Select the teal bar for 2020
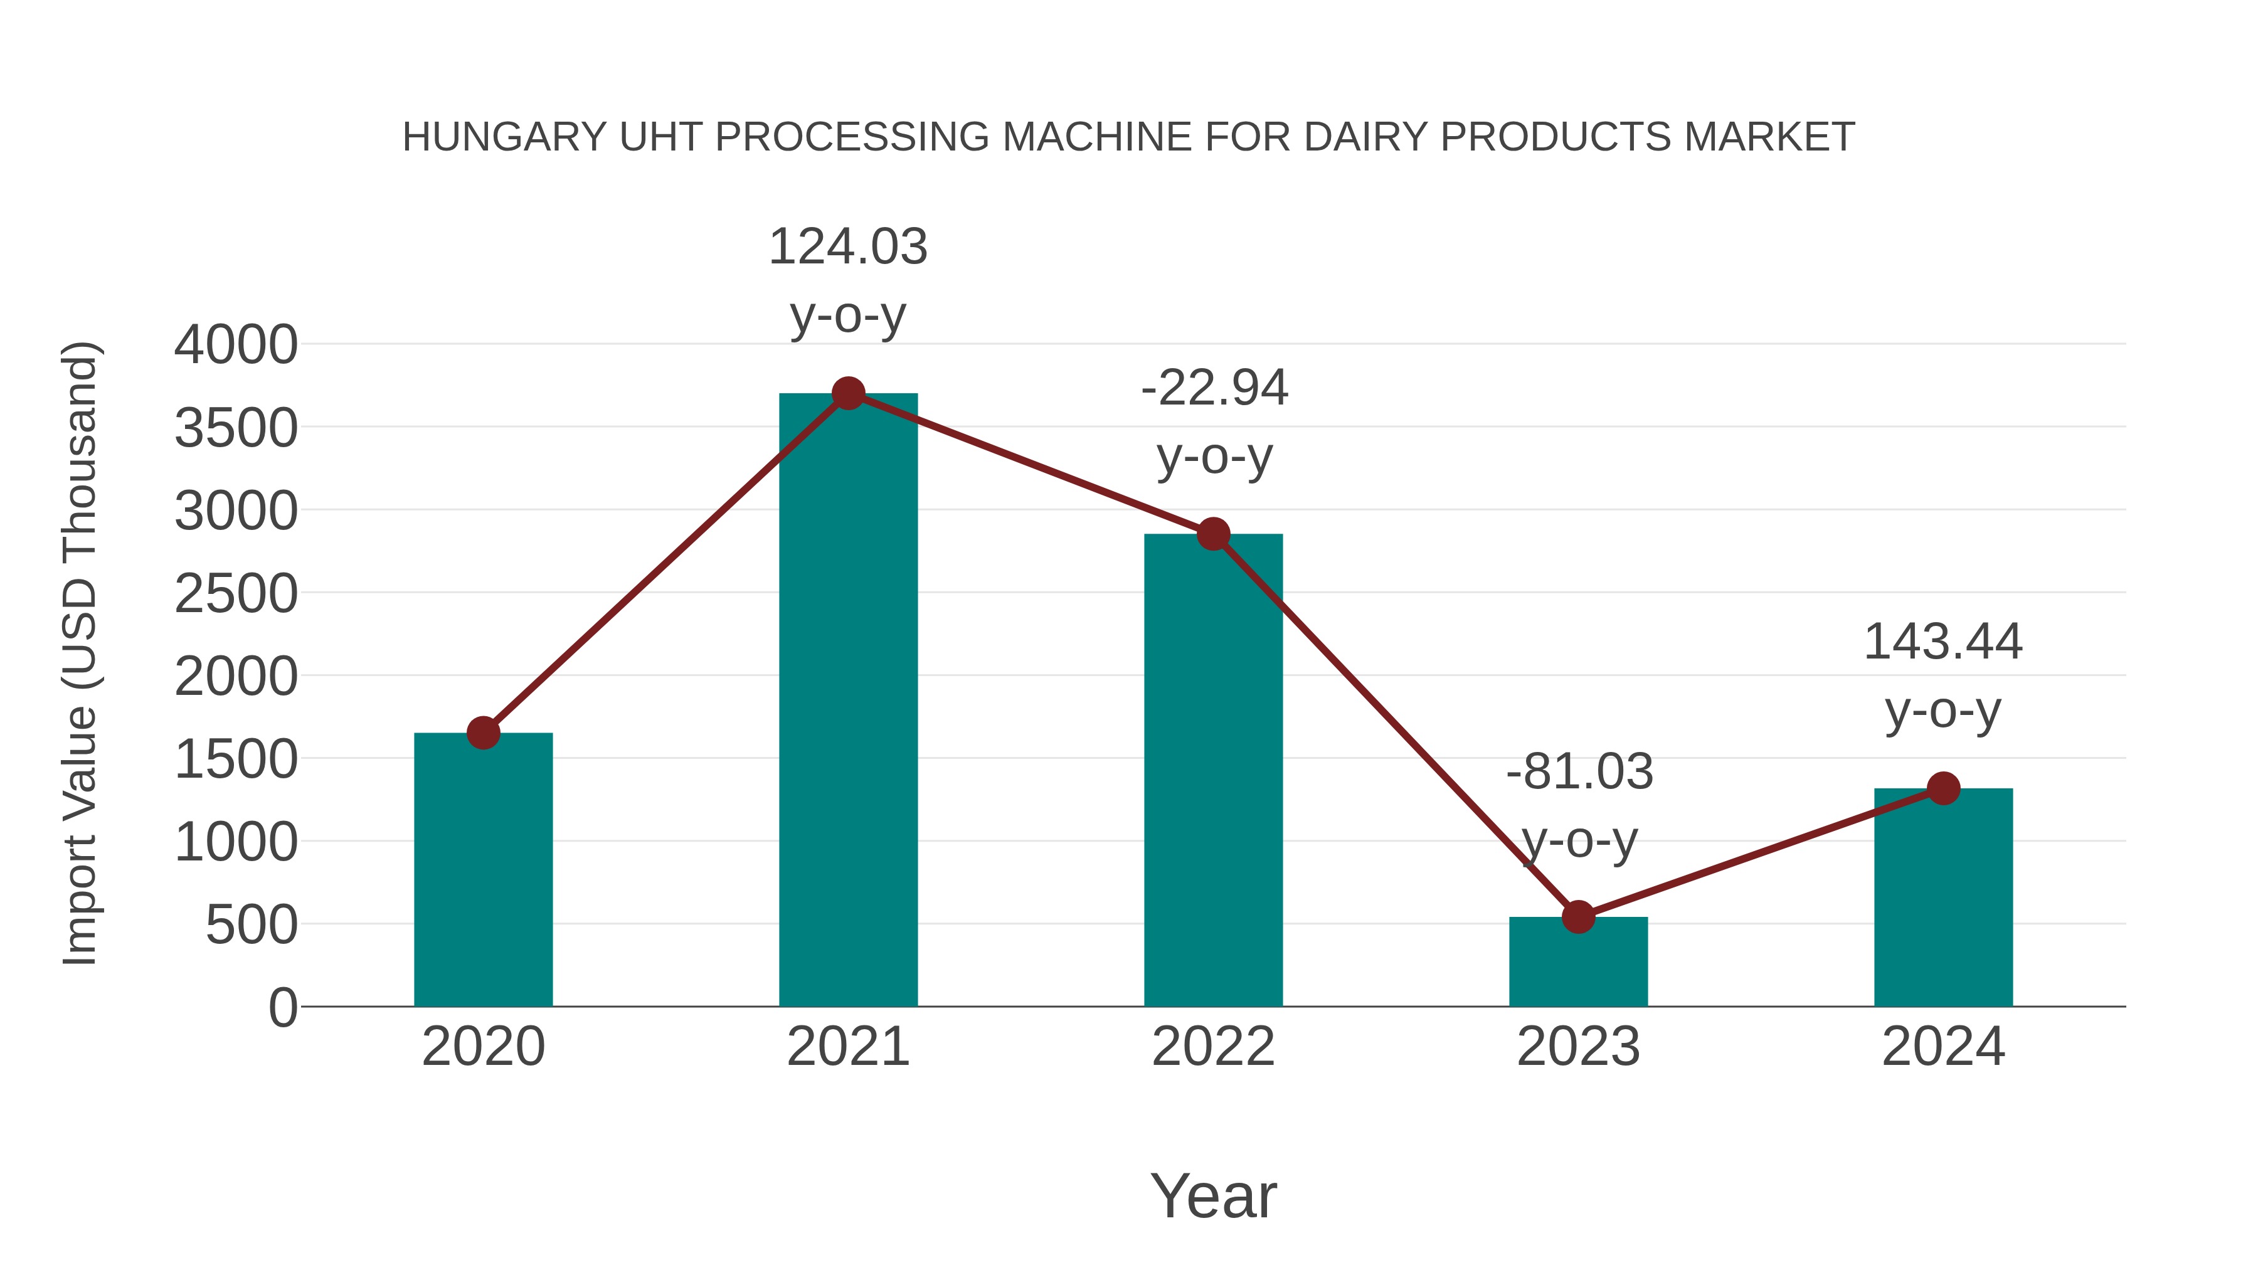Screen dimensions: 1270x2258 coord(483,877)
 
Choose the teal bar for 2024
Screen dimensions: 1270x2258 coord(1943,902)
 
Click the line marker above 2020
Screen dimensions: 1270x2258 coord(483,733)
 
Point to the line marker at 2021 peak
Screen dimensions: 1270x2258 coord(847,393)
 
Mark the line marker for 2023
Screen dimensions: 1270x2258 coord(1578,917)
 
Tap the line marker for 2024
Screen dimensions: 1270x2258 coord(1943,788)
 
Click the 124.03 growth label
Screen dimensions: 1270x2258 coord(847,247)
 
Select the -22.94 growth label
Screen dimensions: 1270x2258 coord(1214,388)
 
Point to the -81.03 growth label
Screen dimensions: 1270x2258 coord(1579,772)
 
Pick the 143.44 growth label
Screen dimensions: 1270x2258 coord(1943,642)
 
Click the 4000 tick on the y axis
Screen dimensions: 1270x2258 coord(236,344)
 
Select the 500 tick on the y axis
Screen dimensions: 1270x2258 coord(252,924)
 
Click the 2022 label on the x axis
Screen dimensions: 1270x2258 coord(1213,1047)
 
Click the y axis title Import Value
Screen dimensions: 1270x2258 coord(81,653)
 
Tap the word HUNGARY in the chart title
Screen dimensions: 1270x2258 coord(504,137)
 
